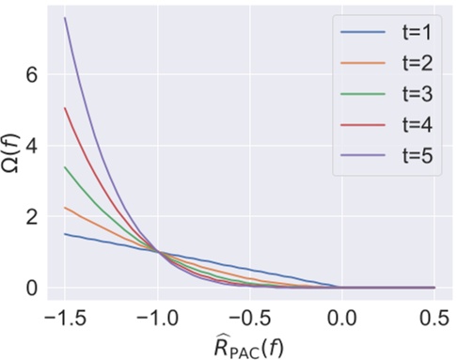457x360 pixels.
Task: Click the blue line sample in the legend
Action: [361, 36]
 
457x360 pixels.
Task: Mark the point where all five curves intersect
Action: [158, 252]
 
